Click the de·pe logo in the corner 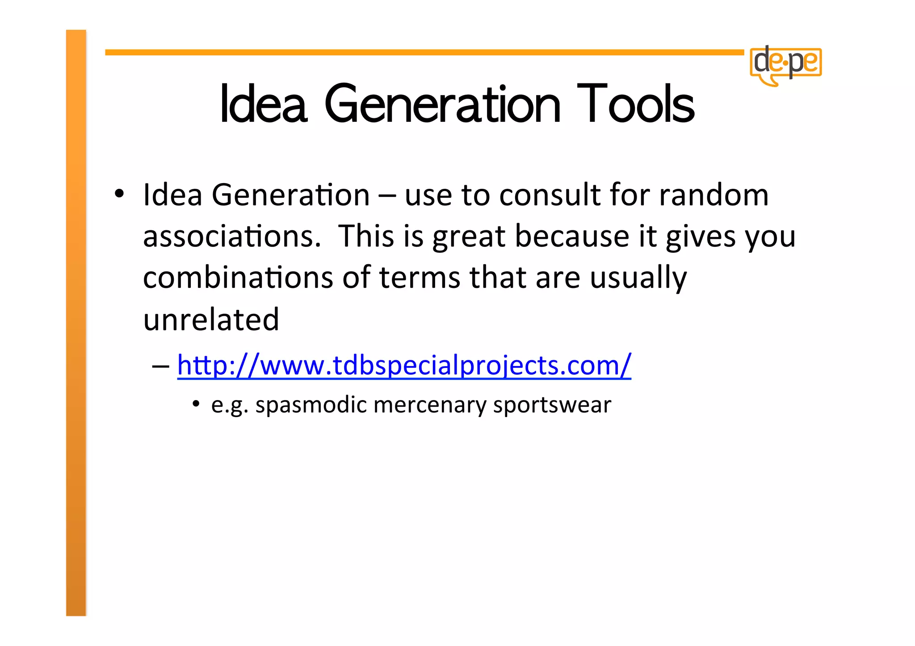(x=786, y=65)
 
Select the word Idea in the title (x=264, y=104)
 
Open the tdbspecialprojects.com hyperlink (x=404, y=365)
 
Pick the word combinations (x=238, y=277)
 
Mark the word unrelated (x=211, y=319)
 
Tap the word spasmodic (x=311, y=405)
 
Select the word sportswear (x=552, y=405)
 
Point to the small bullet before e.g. (x=196, y=404)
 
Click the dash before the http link (x=160, y=366)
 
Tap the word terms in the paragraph (x=420, y=277)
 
